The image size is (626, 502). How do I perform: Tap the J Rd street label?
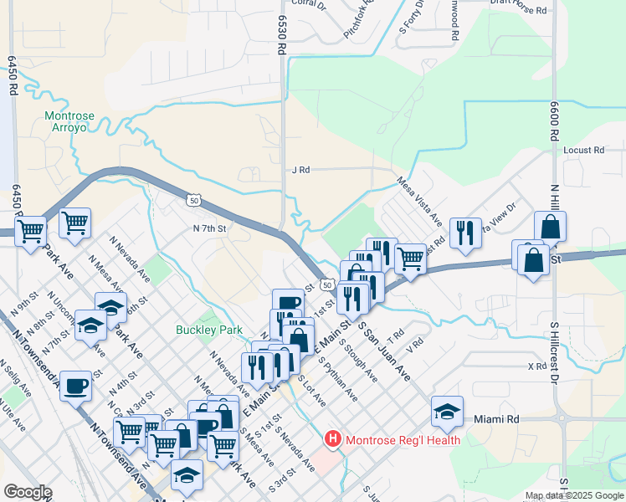[x=300, y=170]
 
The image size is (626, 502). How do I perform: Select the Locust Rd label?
[x=583, y=151]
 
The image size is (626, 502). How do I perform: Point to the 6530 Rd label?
[x=282, y=34]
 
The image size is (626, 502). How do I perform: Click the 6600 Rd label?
[x=554, y=120]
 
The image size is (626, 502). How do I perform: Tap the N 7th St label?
[x=210, y=228]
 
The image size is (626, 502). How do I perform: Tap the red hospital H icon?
[x=333, y=438]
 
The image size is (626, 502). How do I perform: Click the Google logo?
[x=27, y=492]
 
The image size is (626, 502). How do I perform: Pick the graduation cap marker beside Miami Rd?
[x=448, y=411]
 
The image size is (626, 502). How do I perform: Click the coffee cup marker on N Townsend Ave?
[x=76, y=386]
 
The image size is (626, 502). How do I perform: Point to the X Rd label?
[x=536, y=366]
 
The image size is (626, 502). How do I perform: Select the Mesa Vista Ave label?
[x=419, y=201]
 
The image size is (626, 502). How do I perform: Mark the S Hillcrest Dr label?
[x=553, y=351]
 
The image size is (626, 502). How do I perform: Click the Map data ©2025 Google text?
[x=574, y=496]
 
